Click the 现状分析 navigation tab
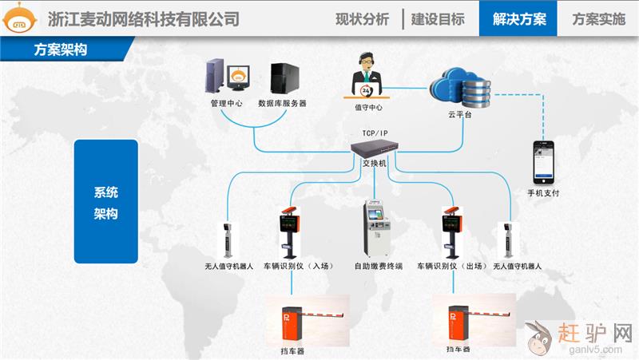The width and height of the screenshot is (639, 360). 362,19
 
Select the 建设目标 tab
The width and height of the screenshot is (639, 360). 438,19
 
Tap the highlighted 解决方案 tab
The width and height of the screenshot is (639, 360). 518,19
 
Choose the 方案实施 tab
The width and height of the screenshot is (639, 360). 598,19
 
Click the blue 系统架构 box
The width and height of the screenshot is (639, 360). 105,203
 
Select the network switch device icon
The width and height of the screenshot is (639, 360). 374,148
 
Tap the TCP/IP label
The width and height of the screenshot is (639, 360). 374,133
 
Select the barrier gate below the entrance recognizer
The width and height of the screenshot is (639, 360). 307,320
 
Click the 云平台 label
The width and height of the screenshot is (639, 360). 460,116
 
